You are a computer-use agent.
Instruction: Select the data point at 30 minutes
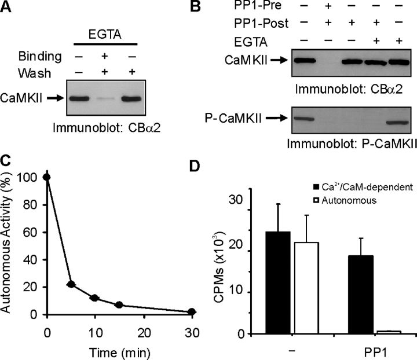coord(159,312)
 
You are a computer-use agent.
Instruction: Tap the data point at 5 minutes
coord(71,284)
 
